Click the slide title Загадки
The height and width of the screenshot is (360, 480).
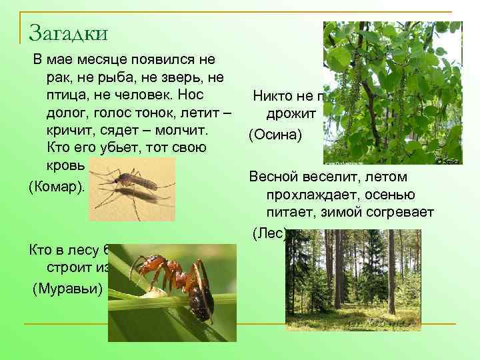(68, 32)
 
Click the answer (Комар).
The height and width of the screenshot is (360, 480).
(57, 187)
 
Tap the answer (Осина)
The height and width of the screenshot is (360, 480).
(275, 135)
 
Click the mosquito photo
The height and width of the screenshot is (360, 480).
(131, 189)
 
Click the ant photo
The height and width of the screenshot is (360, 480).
(172, 292)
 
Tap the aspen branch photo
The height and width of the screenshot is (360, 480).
(392, 93)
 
